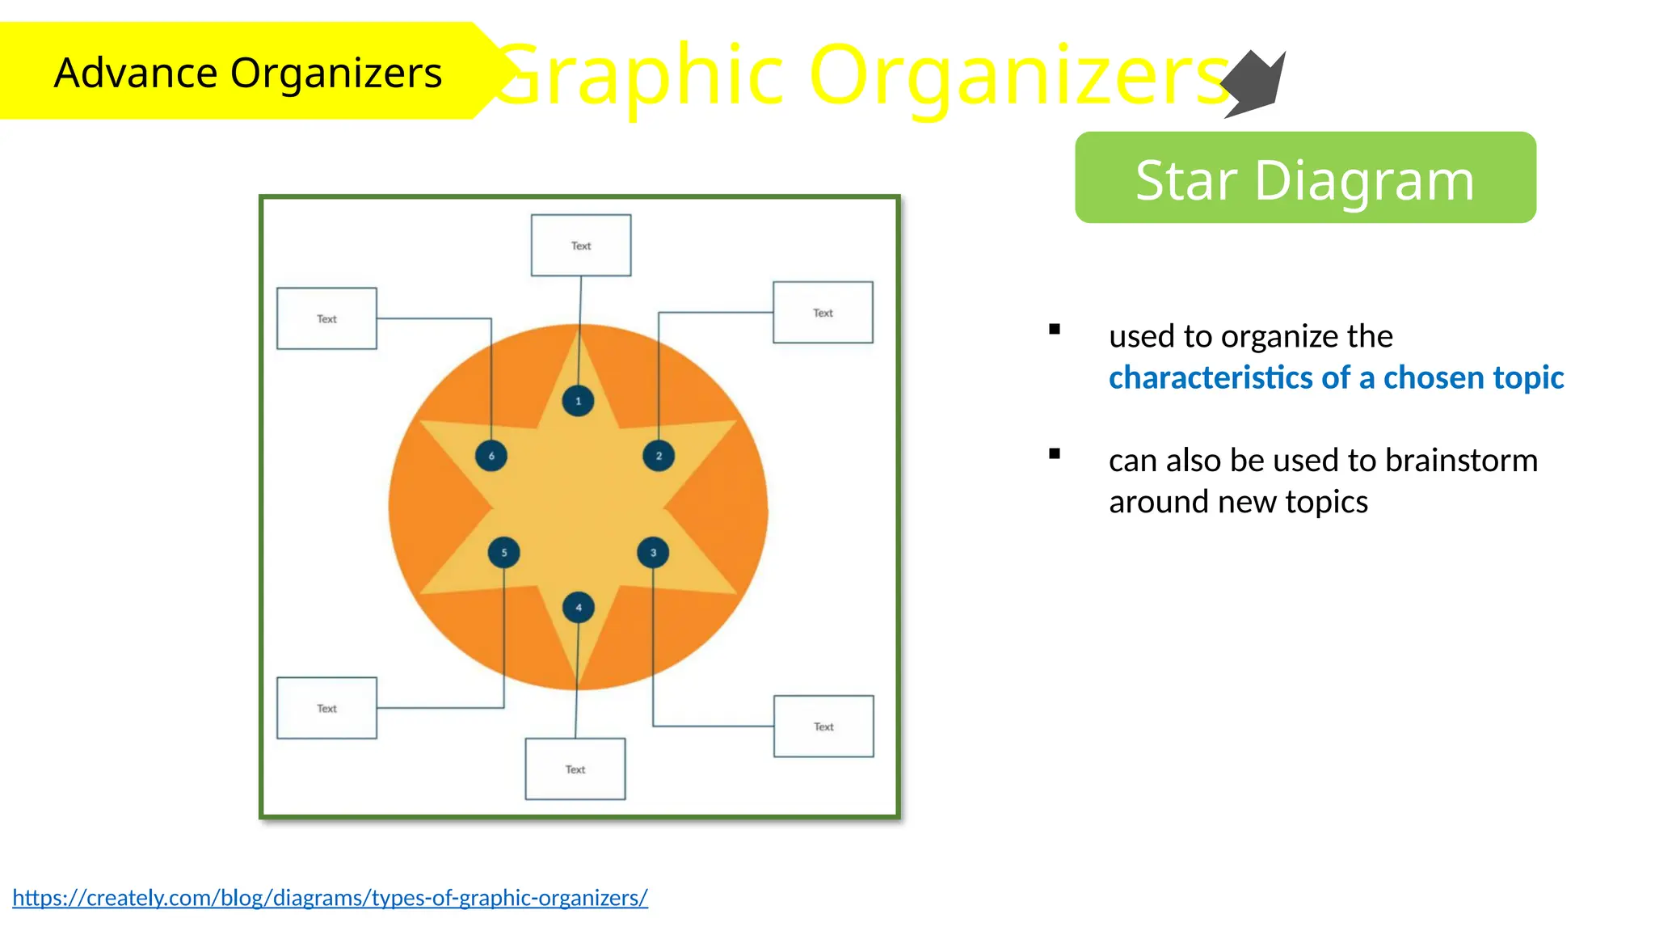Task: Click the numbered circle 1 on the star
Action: tap(578, 401)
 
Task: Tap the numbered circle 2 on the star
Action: tap(659, 456)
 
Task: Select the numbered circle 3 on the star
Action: tap(653, 553)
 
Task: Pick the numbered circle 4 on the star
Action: tap(578, 608)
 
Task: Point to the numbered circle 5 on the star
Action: tap(503, 553)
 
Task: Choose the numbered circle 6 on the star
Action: tap(491, 456)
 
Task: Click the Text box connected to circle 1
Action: tap(581, 245)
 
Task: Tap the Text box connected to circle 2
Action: tap(823, 312)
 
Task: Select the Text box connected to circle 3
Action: tap(823, 726)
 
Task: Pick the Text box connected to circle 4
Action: tap(575, 769)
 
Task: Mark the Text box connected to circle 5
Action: tap(326, 708)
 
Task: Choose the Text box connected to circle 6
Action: tap(326, 318)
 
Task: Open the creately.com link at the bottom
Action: tap(330, 898)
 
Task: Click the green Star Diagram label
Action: tap(1305, 179)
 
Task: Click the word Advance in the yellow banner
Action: tap(136, 73)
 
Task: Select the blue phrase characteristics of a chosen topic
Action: tap(1336, 377)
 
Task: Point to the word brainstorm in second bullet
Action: tap(1461, 460)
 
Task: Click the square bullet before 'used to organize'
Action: tap(1055, 329)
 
